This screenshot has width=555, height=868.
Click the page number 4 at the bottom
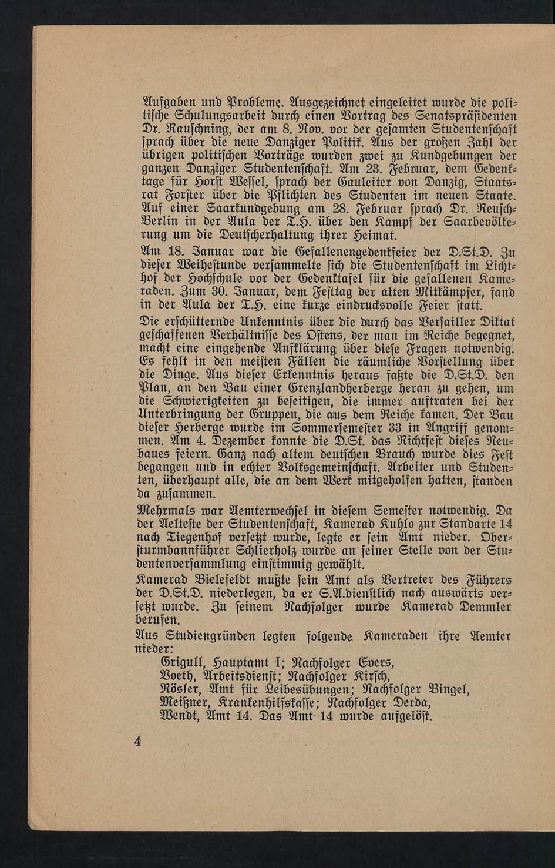137,742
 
